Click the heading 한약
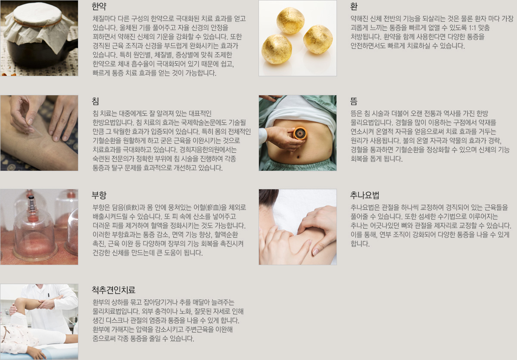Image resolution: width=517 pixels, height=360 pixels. [99, 6]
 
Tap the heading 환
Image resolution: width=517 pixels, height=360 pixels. [354, 6]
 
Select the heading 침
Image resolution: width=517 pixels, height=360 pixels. [95, 101]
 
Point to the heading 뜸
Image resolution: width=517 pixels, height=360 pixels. [354, 101]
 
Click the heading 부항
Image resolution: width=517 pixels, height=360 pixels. [99, 195]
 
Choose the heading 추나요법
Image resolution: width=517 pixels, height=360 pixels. [364, 195]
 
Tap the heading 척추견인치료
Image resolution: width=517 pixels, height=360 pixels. [114, 290]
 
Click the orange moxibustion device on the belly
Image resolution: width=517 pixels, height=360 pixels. [300, 134]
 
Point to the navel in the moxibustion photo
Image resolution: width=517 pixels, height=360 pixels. [298, 157]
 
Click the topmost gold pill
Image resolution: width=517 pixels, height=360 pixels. [290, 20]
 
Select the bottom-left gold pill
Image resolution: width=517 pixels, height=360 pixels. [277, 49]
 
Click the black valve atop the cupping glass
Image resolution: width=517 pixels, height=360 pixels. [31, 199]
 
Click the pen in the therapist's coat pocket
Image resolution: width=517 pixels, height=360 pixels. [49, 295]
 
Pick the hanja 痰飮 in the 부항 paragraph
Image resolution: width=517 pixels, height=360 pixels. [131, 207]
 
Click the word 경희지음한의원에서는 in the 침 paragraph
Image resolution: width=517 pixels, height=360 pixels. [208, 150]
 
